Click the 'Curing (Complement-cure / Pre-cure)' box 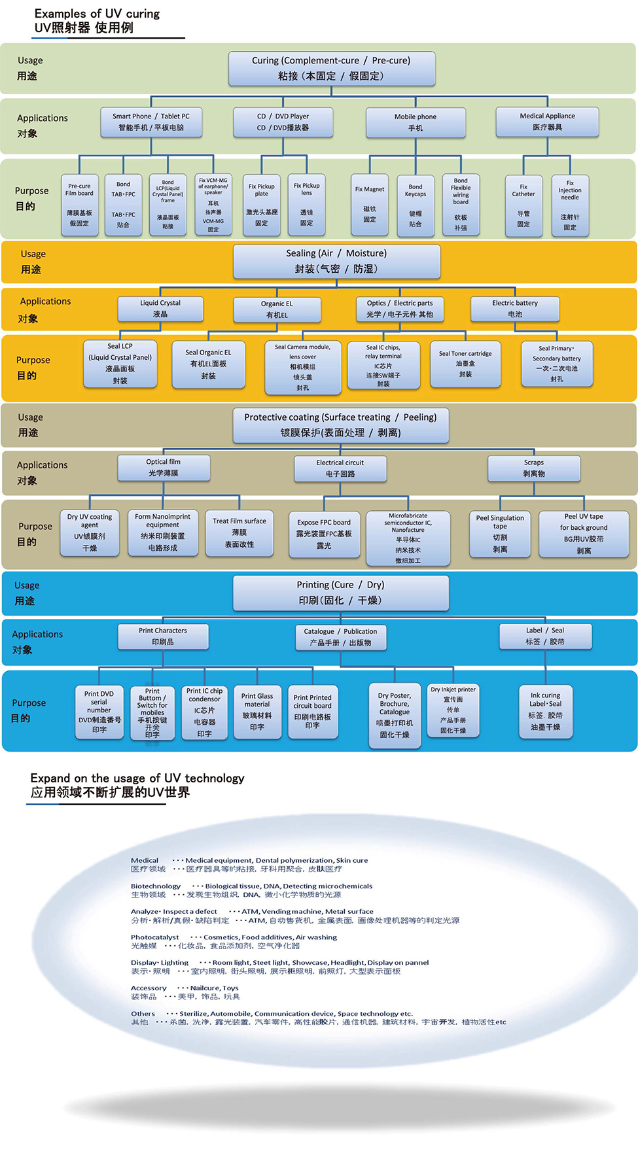pyautogui.click(x=331, y=68)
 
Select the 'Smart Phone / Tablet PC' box pyautogui.click(x=151, y=122)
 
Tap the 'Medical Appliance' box pyautogui.click(x=547, y=122)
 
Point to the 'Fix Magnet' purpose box pyautogui.click(x=370, y=204)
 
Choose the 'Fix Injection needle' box pyautogui.click(x=570, y=205)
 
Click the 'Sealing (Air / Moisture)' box pyautogui.click(x=336, y=261)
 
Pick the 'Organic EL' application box pyautogui.click(x=277, y=309)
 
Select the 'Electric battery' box pyautogui.click(x=515, y=308)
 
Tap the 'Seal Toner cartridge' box pyautogui.click(x=465, y=364)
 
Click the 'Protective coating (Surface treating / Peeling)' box pyautogui.click(x=340, y=425)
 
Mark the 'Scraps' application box pyautogui.click(x=533, y=468)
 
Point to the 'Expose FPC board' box pyautogui.click(x=324, y=534)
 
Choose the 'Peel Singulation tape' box pyautogui.click(x=500, y=533)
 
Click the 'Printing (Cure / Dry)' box pyautogui.click(x=340, y=592)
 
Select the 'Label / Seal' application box pyautogui.click(x=545, y=636)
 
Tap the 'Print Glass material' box pyautogui.click(x=257, y=712)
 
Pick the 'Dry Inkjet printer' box pyautogui.click(x=453, y=710)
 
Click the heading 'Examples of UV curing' pyautogui.click(x=97, y=14)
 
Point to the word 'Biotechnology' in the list pyautogui.click(x=156, y=886)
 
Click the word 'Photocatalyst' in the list pyautogui.click(x=154, y=937)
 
